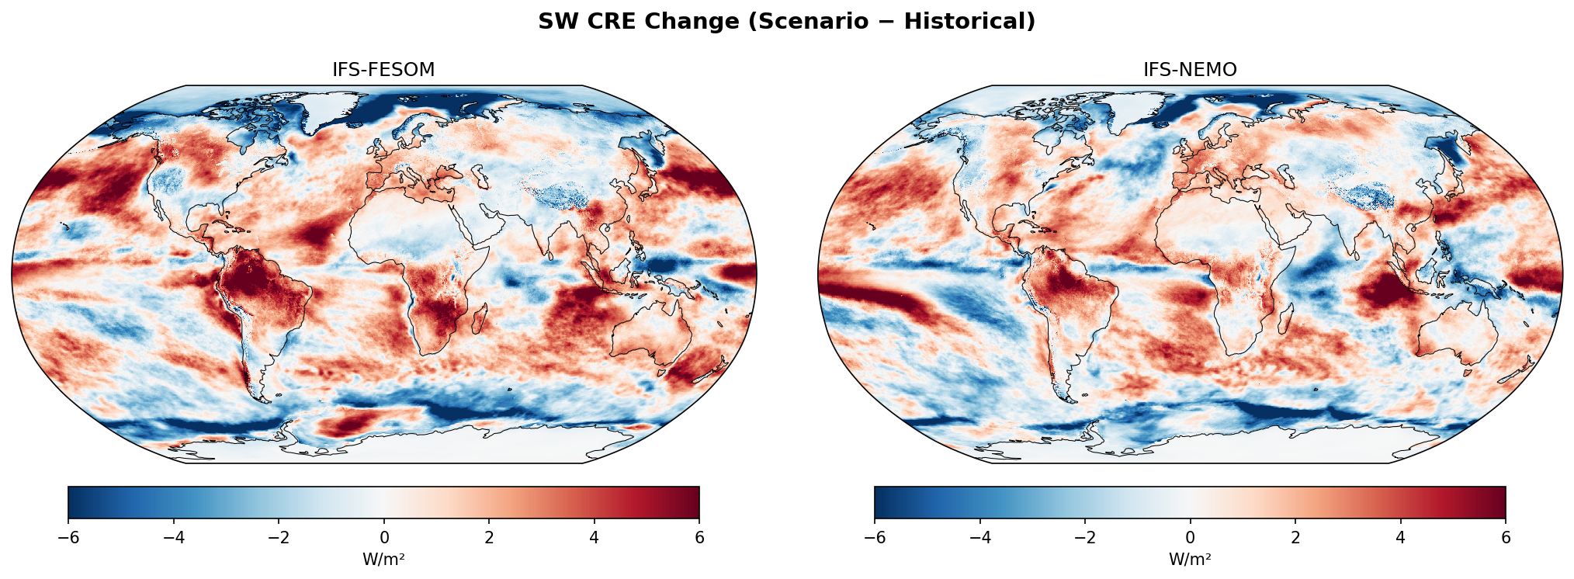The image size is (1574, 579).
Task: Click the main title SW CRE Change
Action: pyautogui.click(x=786, y=22)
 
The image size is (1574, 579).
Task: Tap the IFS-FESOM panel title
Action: pyautogui.click(x=383, y=70)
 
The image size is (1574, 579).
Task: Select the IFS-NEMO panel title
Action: pyautogui.click(x=1189, y=70)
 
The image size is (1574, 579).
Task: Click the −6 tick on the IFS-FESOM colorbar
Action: pyautogui.click(x=68, y=537)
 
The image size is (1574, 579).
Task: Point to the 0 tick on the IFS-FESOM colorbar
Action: pyautogui.click(x=383, y=537)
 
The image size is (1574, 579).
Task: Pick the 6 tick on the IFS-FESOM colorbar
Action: pyautogui.click(x=699, y=537)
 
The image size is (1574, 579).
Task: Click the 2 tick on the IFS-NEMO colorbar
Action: pyautogui.click(x=1295, y=537)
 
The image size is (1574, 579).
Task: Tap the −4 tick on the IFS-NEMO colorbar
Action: pyautogui.click(x=979, y=537)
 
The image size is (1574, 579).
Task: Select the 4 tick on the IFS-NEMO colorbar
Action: pyautogui.click(x=1400, y=537)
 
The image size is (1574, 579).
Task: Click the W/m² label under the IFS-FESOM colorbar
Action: pyautogui.click(x=383, y=560)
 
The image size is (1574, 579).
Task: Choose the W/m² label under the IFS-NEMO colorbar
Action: pyautogui.click(x=1189, y=560)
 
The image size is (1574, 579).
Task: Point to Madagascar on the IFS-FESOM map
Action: pyautogui.click(x=480, y=319)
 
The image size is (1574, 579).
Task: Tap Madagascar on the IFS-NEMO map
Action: pyautogui.click(x=1286, y=319)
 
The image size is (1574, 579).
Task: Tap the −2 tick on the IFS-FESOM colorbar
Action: pyautogui.click(x=279, y=537)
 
